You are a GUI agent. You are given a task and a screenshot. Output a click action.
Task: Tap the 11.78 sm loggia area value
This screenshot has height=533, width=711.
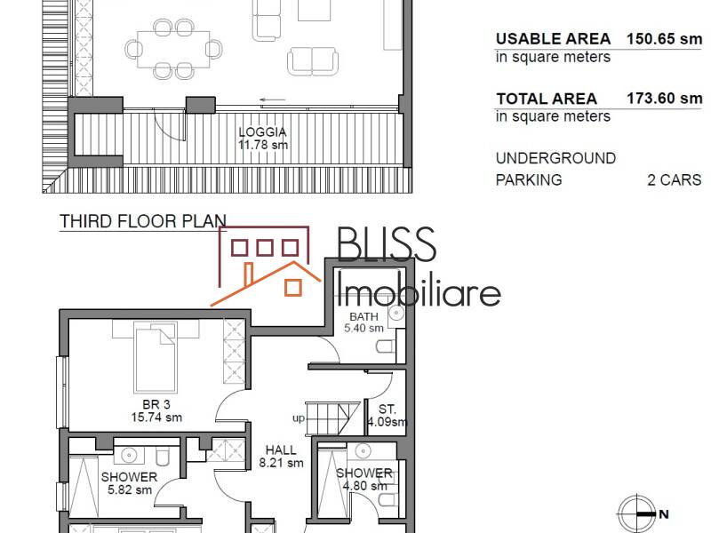(263, 145)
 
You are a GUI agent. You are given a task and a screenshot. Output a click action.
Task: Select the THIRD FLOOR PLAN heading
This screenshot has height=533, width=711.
(142, 221)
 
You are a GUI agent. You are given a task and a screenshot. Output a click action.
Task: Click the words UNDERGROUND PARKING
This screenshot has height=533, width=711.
(555, 169)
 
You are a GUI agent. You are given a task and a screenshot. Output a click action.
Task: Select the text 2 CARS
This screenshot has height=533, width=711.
(674, 179)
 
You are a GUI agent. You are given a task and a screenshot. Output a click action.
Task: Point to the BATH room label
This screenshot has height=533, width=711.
(363, 316)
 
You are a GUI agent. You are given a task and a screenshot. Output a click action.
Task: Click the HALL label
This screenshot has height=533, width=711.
(281, 449)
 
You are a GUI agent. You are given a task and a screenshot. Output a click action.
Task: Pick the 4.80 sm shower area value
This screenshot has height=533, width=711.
(364, 486)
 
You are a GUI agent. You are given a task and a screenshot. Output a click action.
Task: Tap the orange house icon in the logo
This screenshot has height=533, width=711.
(267, 266)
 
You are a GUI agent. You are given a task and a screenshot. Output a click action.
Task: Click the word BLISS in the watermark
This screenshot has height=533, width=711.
(387, 245)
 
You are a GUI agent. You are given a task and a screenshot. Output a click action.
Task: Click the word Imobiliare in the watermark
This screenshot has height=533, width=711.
(420, 290)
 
